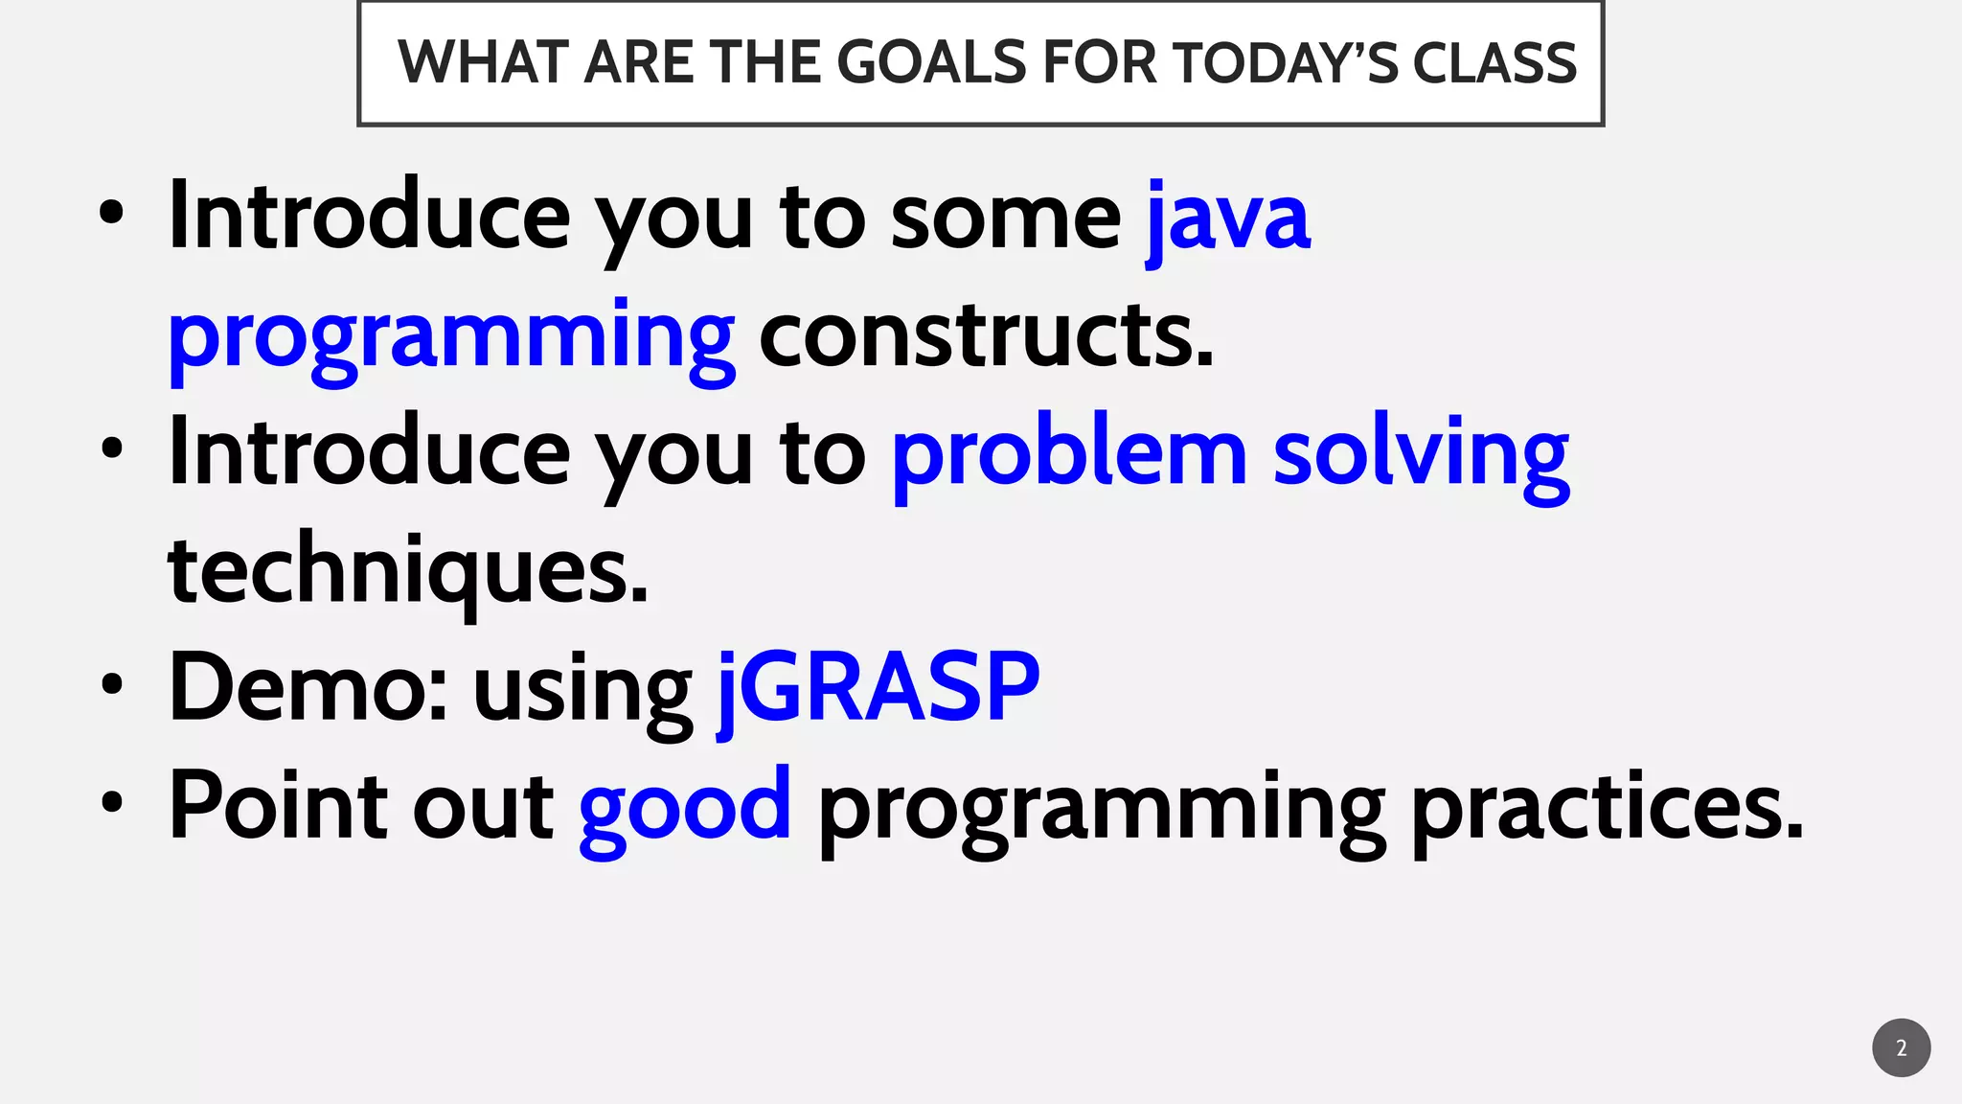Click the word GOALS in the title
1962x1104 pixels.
click(931, 63)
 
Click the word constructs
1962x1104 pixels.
click(986, 335)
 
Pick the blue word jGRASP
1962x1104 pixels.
click(878, 688)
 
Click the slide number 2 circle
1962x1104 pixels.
click(1901, 1047)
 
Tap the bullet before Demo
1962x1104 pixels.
click(112, 684)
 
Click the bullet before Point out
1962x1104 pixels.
click(112, 802)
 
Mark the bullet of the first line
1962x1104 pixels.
click(112, 212)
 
